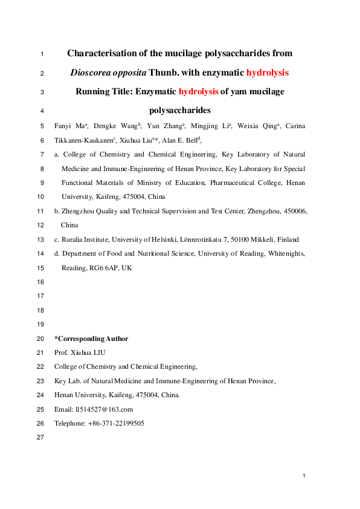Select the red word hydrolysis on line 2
click(268, 73)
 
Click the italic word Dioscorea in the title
click(91, 73)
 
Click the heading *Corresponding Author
click(91, 339)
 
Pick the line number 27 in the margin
click(41, 438)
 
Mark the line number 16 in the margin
click(41, 282)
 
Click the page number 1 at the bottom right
click(304, 477)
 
